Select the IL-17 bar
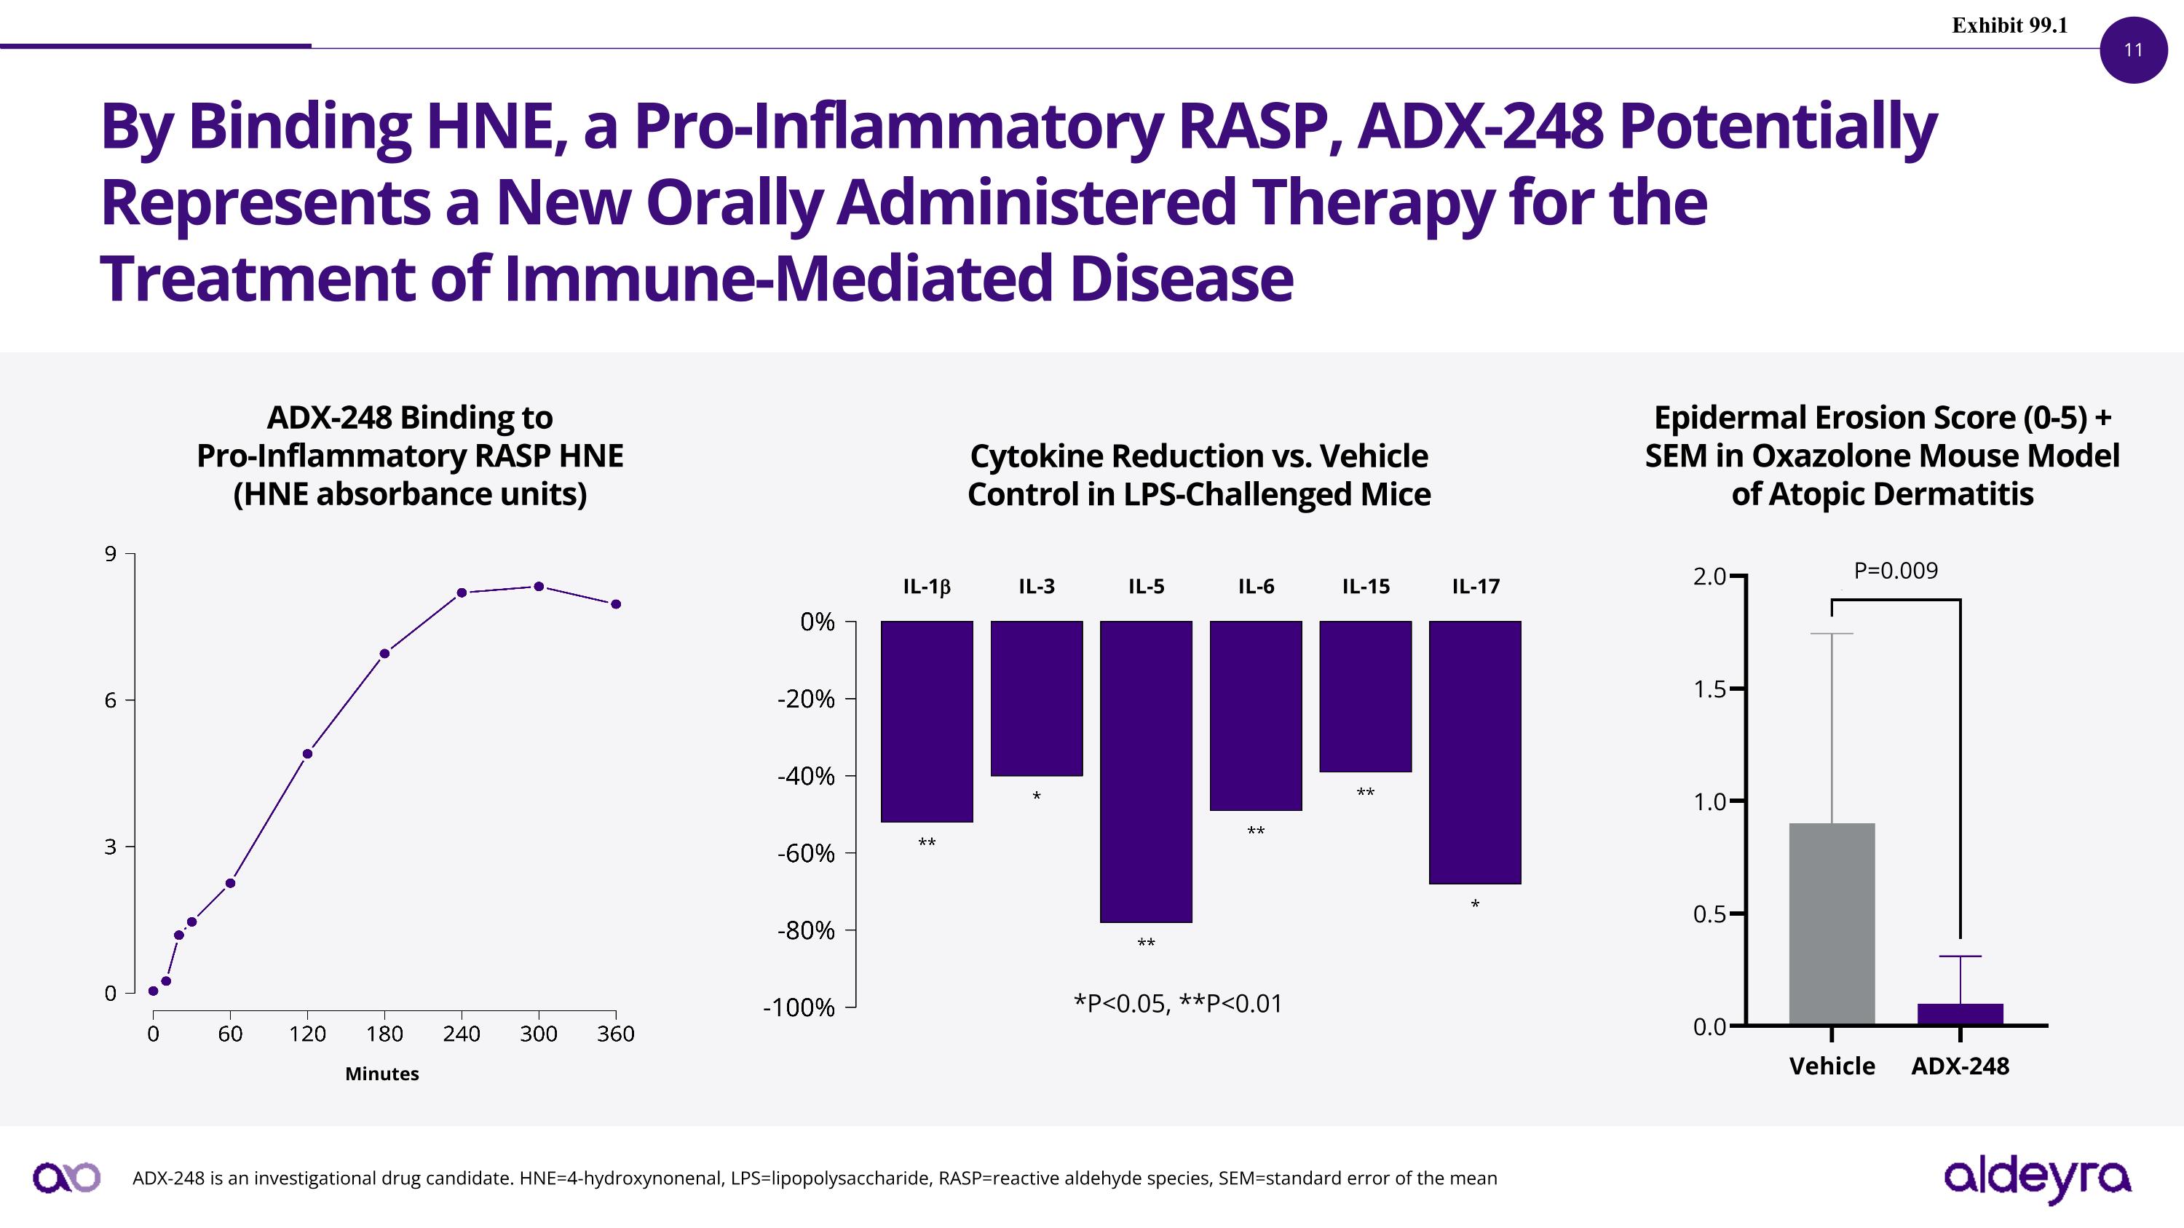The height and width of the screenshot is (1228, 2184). (1475, 753)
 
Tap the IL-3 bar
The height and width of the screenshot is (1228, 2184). (1037, 698)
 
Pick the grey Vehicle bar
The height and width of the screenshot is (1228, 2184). (1832, 924)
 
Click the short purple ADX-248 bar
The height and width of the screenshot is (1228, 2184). (1961, 1015)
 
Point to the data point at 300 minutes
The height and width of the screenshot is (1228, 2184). (539, 587)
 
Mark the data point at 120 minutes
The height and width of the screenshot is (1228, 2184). (307, 753)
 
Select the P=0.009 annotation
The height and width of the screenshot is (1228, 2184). (1896, 571)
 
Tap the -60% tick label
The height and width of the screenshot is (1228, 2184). (807, 853)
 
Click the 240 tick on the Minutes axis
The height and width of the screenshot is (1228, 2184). (462, 1034)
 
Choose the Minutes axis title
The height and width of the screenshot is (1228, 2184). (381, 1074)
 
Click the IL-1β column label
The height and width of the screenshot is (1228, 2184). (927, 587)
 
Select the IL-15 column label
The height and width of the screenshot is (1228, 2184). (1366, 587)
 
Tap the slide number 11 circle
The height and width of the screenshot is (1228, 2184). (2133, 50)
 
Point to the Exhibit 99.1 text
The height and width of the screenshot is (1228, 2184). (2009, 25)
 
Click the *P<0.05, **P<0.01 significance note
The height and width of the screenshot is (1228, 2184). (1178, 1003)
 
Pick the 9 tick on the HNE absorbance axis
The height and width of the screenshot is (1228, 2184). (110, 554)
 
